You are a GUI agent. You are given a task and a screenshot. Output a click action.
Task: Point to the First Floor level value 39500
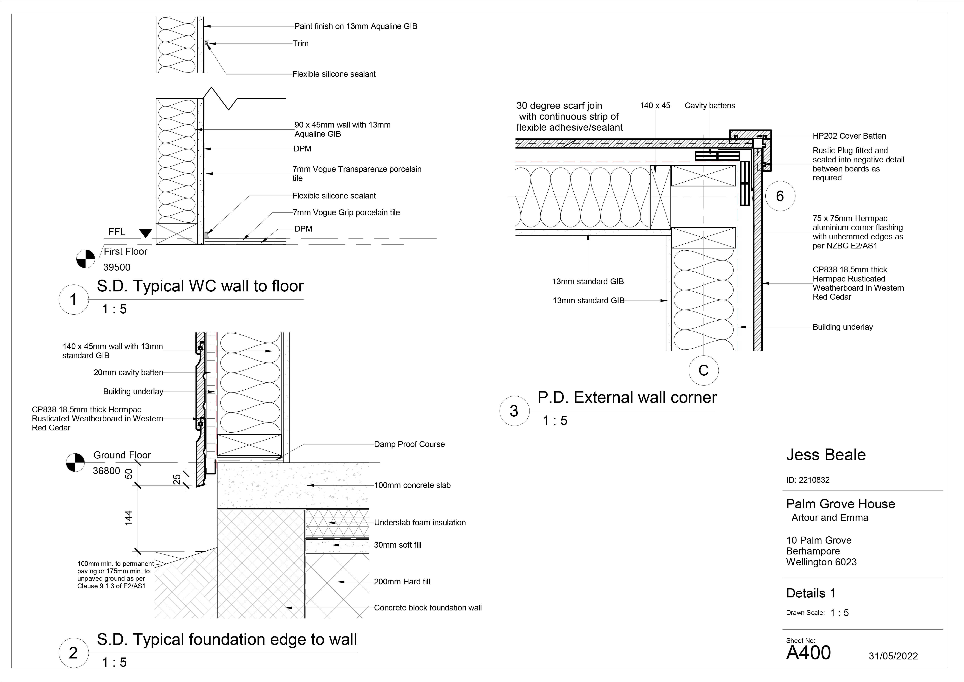point(117,267)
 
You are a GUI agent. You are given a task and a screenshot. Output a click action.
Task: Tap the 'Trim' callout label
point(301,43)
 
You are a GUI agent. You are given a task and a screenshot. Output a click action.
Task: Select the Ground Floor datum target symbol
point(76,463)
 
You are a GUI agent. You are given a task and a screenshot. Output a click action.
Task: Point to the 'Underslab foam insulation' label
point(420,522)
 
